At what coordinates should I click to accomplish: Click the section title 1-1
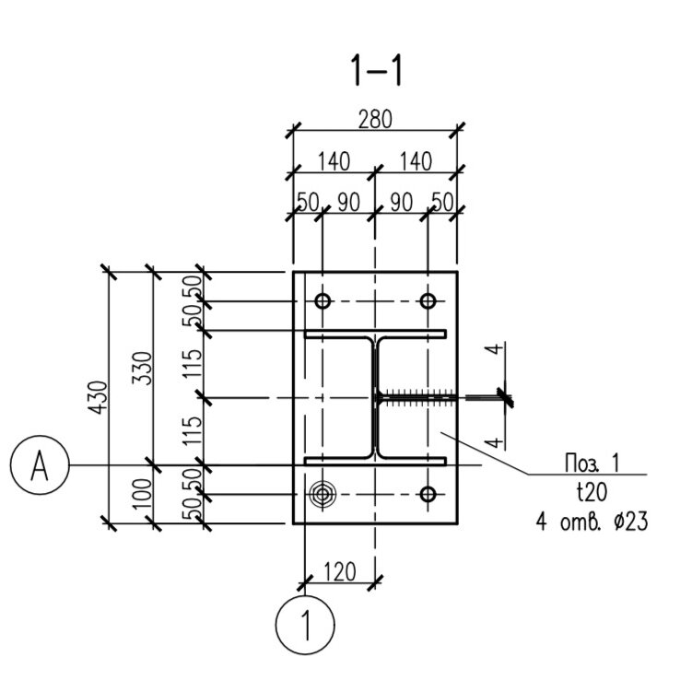(376, 71)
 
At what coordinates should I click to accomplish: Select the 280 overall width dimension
(375, 120)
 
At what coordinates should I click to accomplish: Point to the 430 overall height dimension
(98, 397)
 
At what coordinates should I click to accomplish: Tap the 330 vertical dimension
(143, 368)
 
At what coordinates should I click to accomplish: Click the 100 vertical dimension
(143, 494)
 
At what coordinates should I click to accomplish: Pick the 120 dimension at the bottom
(340, 572)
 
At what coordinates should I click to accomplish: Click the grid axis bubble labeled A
(40, 464)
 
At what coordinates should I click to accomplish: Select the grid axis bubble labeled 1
(305, 625)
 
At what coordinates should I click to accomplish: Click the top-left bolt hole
(323, 301)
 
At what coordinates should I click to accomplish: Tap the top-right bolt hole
(428, 301)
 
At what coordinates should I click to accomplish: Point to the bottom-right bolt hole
(428, 494)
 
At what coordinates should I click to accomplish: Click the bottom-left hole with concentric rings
(323, 494)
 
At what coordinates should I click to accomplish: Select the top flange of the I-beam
(375, 334)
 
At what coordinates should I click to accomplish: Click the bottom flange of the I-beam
(375, 462)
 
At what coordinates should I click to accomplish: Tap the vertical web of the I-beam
(375, 398)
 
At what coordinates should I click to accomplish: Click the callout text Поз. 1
(592, 463)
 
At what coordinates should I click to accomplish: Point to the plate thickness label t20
(592, 492)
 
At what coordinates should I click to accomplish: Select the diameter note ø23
(630, 522)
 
